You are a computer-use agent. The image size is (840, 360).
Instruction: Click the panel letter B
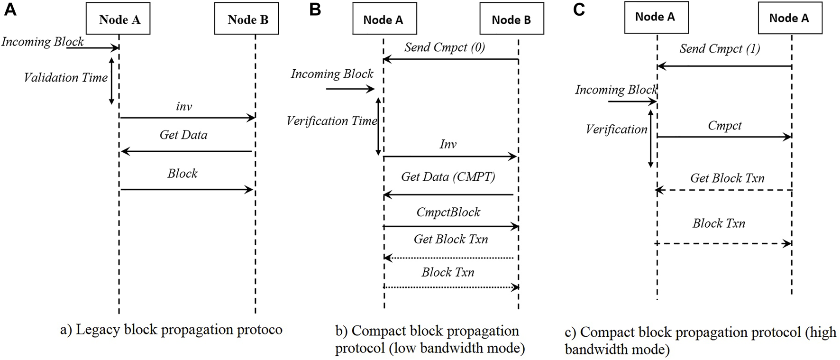tap(315, 9)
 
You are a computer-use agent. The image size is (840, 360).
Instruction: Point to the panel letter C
tap(579, 9)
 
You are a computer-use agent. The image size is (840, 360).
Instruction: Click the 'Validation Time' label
tap(66, 78)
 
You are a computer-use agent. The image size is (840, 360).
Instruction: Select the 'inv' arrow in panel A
tap(187, 118)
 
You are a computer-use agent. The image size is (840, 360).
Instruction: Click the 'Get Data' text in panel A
tap(183, 135)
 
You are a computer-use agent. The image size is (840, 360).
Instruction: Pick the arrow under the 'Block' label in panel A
tap(187, 190)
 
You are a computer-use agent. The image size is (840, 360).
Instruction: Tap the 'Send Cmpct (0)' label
tap(444, 47)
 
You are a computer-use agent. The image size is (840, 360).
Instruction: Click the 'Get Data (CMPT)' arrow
tap(448, 194)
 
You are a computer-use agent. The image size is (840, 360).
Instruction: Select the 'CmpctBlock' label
tap(448, 212)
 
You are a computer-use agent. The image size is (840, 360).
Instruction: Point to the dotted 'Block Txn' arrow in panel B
tap(450, 287)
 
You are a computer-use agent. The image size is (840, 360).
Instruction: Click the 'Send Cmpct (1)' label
tap(720, 49)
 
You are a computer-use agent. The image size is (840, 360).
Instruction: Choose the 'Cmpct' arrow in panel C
tap(724, 137)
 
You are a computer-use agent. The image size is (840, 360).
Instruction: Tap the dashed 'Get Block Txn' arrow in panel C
tap(724, 190)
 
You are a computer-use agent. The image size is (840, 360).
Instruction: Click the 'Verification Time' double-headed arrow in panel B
tap(378, 127)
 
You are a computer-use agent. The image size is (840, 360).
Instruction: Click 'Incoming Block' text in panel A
tap(43, 42)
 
